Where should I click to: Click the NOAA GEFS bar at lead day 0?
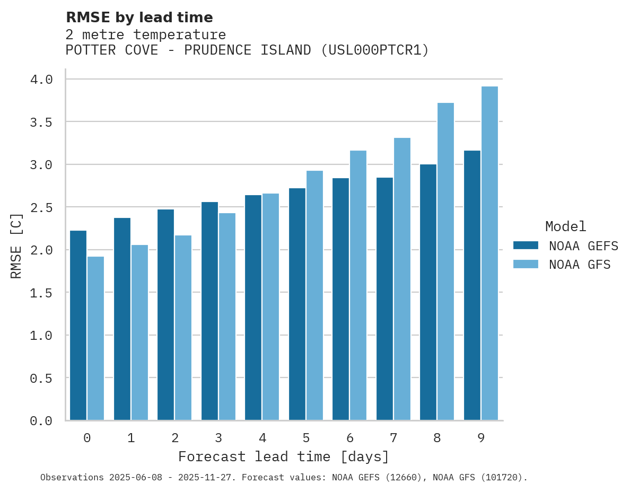pos(78,326)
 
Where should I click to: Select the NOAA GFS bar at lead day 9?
pos(489,253)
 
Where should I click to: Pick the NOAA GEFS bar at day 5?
pos(297,304)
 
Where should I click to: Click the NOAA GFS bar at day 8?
pos(445,262)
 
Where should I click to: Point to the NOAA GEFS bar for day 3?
pos(209,311)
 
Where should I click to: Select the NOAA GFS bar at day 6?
pos(358,285)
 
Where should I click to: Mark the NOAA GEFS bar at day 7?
pos(384,299)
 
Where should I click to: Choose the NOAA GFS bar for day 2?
pos(183,328)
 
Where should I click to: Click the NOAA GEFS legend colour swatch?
pos(526,245)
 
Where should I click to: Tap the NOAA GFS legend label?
pos(580,265)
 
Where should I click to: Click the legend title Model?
pos(566,227)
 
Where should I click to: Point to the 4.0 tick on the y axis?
pos(41,80)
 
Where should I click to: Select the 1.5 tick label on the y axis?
pos(41,293)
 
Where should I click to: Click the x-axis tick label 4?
pos(262,438)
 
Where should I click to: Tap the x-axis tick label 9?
pos(481,438)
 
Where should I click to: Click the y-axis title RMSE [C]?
pos(16,245)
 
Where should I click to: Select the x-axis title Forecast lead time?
pos(284,456)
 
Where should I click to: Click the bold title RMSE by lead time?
pos(139,17)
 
